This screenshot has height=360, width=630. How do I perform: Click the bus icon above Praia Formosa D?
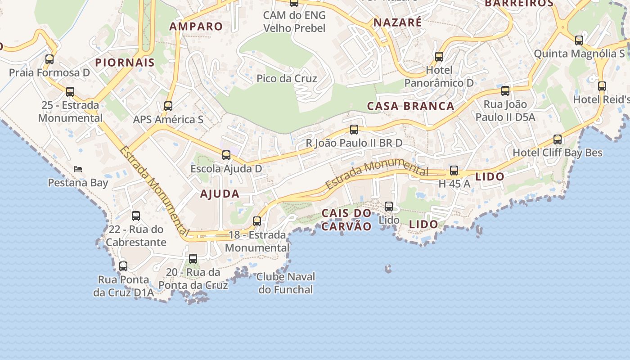coord(49,59)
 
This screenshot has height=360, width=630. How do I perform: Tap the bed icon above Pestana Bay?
coord(78,169)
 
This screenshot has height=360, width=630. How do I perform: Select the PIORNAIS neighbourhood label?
coord(125,63)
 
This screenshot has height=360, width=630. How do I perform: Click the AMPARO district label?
coord(196,27)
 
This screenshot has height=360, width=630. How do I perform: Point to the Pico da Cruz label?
coord(287,79)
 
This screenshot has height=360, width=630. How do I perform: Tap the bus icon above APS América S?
coord(168,106)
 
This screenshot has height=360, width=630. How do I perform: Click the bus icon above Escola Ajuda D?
coord(226,155)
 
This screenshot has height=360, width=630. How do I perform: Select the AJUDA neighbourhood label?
coord(220,194)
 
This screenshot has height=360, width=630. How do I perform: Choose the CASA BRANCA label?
coord(411,106)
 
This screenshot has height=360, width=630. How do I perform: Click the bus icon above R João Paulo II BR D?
coord(354,130)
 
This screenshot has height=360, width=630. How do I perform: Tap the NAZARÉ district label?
coord(398,22)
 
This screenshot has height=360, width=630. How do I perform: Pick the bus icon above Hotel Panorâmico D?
coord(439,57)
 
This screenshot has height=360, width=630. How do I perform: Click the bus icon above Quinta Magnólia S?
coord(579,40)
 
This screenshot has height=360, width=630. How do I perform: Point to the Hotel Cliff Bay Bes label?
coord(558,153)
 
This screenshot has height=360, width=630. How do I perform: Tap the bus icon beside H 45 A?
coord(454,171)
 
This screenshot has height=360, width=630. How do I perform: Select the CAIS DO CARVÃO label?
coord(347,220)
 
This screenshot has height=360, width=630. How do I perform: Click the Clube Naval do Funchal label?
coord(286,283)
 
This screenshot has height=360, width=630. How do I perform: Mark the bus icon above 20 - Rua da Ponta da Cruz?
coord(193,259)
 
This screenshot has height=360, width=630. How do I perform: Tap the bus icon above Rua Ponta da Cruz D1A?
coord(123,266)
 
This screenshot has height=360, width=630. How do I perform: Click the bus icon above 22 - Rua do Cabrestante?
coord(136,216)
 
